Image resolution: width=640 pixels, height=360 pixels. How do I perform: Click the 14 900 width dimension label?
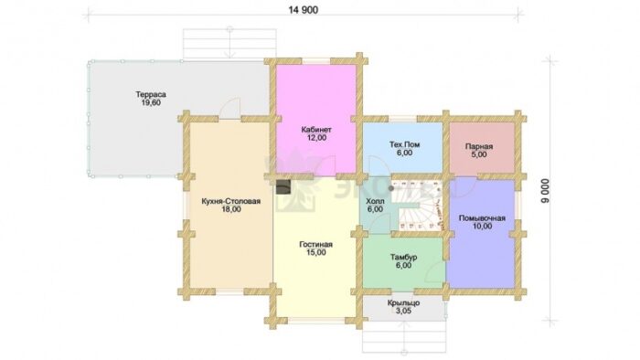(x=304, y=10)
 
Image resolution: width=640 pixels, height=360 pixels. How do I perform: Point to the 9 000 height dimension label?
(x=546, y=190)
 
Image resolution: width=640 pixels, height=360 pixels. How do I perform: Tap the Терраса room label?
(x=151, y=95)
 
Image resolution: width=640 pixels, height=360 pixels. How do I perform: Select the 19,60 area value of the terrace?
(x=151, y=103)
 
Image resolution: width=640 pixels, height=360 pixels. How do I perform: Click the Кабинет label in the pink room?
(x=316, y=130)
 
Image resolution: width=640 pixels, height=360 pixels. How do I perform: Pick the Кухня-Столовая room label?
(x=231, y=201)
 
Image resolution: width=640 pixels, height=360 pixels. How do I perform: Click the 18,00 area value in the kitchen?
(x=231, y=210)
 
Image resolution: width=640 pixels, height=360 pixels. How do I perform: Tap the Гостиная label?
(x=316, y=245)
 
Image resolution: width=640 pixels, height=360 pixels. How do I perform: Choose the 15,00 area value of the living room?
(x=316, y=253)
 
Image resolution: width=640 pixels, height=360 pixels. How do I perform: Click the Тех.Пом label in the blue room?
(x=404, y=144)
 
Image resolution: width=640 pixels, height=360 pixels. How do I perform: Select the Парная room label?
(x=479, y=146)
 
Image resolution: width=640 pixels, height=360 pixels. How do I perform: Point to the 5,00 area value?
(x=479, y=155)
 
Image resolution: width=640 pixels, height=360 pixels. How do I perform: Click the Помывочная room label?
(x=482, y=218)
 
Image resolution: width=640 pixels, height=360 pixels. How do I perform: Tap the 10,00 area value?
(x=482, y=227)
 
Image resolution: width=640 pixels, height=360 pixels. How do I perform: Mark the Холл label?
(x=375, y=201)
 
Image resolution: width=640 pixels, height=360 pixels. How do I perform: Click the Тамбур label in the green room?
(x=403, y=258)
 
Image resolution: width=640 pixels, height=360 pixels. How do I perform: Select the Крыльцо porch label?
(x=403, y=303)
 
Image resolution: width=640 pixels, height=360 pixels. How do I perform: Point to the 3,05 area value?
(x=403, y=311)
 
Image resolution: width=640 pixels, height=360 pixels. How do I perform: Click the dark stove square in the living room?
(x=283, y=187)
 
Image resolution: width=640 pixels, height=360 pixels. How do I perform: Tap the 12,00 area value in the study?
(x=316, y=138)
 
